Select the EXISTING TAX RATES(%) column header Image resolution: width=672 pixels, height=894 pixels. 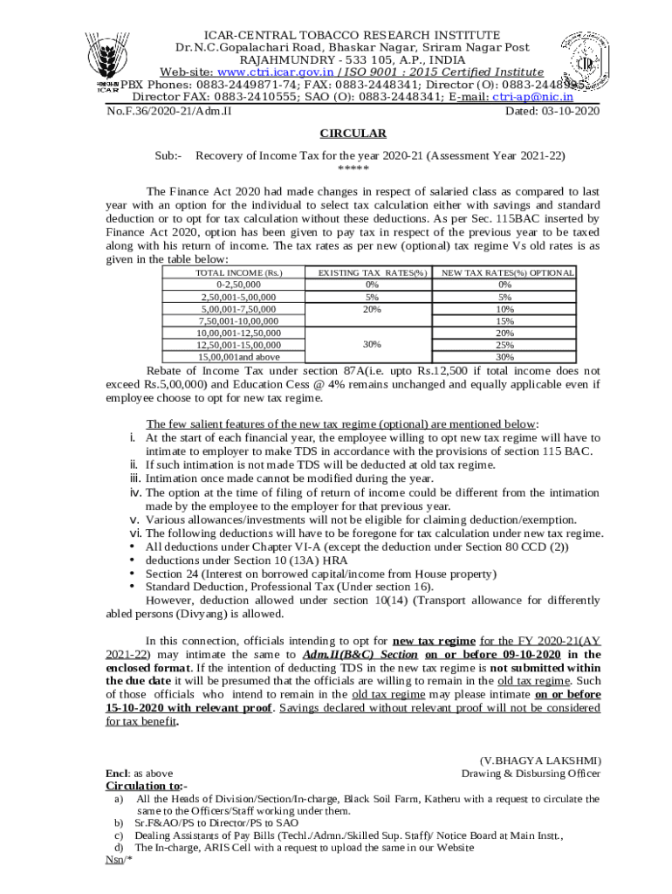coord(372,273)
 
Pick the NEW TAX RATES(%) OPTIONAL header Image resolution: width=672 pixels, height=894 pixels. coord(508,273)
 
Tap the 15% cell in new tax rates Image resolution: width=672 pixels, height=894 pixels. coord(504,321)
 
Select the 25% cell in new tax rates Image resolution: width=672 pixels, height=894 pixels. coord(504,345)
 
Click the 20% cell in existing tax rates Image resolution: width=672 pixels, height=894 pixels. coord(372,309)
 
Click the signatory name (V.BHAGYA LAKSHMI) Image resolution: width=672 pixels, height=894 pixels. coord(540,761)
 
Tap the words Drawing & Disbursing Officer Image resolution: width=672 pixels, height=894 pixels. coord(531,774)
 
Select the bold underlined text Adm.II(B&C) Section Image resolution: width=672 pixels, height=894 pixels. coord(360,654)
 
